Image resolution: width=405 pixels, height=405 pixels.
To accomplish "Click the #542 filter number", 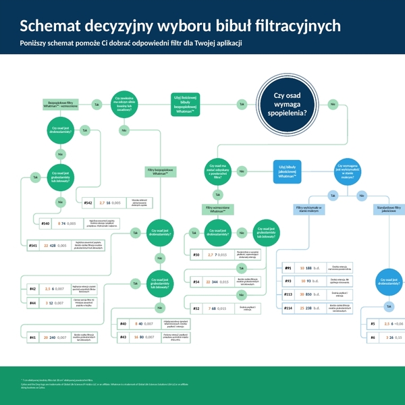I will tap(88, 202).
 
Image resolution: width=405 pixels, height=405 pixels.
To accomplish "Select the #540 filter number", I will tap(46, 223).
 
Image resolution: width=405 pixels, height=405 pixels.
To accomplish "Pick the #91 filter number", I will tap(288, 268).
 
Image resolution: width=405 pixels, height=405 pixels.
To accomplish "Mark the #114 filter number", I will tap(288, 308).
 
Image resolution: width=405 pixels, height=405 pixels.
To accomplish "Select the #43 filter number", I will tap(123, 335).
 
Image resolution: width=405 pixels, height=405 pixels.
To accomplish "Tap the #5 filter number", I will tap(373, 324).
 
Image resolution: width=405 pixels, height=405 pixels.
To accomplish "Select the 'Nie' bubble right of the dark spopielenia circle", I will tap(333, 104).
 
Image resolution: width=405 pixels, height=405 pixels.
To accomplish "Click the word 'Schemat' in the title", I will tap(49, 26).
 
